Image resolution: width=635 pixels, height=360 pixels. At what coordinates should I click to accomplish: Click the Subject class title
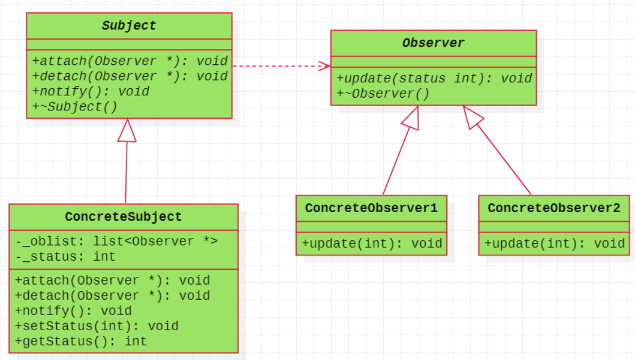pos(129,26)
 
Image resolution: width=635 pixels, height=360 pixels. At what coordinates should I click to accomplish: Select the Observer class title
pos(433,43)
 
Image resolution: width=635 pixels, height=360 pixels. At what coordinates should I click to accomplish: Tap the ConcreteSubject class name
pos(123,217)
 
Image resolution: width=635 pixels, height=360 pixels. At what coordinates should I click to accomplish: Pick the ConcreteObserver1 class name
pos(372,208)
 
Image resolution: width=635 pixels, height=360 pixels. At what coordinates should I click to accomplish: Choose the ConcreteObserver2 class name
pos(554,208)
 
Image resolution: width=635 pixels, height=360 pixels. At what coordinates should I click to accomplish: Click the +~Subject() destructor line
pos(75,106)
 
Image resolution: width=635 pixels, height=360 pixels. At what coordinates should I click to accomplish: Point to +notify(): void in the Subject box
pos(91,92)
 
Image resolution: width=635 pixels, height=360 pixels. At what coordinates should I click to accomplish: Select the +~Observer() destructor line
pos(383,94)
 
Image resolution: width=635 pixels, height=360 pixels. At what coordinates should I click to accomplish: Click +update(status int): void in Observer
pos(434,78)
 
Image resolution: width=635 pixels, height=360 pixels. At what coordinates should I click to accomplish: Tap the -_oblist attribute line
pos(117,241)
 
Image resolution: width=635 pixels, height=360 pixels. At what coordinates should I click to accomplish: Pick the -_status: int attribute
pos(65,257)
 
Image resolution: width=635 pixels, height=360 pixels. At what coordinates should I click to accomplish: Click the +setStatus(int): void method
pos(97,326)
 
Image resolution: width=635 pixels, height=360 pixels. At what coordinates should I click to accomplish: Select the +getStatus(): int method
pos(81,341)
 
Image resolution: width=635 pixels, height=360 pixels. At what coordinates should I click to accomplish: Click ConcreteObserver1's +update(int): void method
pos(372,243)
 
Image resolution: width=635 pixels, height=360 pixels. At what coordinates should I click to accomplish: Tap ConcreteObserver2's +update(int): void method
pos(554,243)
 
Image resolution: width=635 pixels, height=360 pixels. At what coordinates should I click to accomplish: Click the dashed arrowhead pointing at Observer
pos(325,66)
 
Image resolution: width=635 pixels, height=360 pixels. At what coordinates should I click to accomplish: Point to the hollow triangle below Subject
pos(127,130)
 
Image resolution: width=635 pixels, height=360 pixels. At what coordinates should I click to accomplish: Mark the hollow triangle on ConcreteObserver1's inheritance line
pos(411,118)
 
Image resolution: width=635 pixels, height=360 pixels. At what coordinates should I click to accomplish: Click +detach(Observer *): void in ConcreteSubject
pos(113,296)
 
